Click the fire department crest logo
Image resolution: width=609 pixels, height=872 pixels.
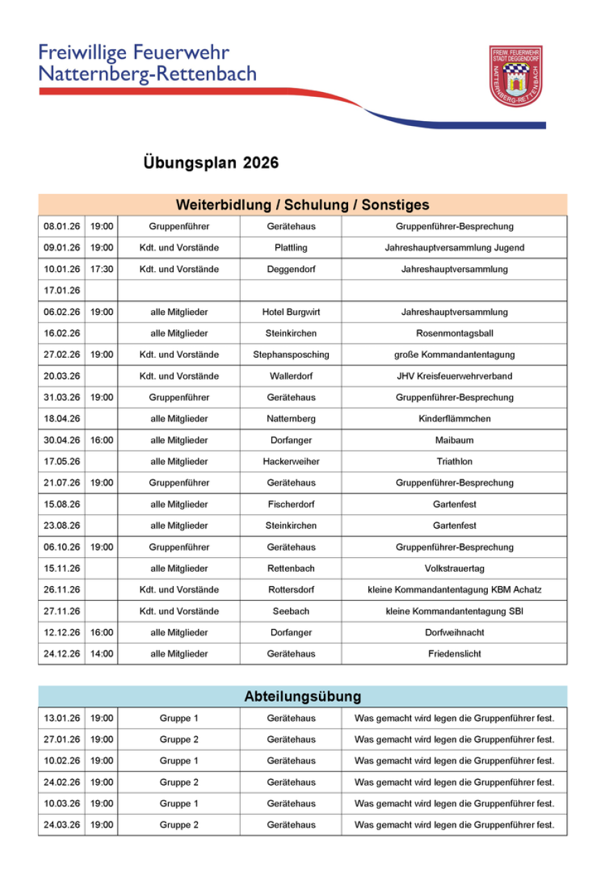coord(516,76)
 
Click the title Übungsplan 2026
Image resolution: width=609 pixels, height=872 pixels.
coord(211,163)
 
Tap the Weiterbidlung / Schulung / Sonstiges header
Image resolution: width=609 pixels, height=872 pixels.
coord(302,205)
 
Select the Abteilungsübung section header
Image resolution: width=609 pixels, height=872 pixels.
coord(302,697)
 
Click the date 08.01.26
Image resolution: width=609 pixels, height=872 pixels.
coord(62,226)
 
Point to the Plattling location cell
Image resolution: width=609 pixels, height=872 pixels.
coord(291,248)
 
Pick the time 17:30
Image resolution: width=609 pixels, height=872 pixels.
coord(102,269)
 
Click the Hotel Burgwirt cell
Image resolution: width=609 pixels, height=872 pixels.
coord(291,312)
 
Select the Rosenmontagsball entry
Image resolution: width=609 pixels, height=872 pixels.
coord(454,334)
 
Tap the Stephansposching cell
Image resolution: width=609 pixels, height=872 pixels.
coord(291,355)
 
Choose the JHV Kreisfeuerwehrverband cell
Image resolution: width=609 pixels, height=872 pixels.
coord(454,376)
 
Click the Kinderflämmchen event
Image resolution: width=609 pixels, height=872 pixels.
coord(454,419)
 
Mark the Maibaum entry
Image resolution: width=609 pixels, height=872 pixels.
coord(454,440)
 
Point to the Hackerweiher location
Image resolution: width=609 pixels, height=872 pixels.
coord(291,462)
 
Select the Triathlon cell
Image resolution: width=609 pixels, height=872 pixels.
coord(454,462)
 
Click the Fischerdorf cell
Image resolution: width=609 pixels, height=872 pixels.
coord(291,505)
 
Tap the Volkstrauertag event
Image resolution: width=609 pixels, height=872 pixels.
coord(454,569)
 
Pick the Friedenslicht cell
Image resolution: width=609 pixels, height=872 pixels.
coord(454,654)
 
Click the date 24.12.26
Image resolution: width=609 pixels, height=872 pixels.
coord(62,654)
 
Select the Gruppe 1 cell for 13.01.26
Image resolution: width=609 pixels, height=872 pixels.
coord(179,718)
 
